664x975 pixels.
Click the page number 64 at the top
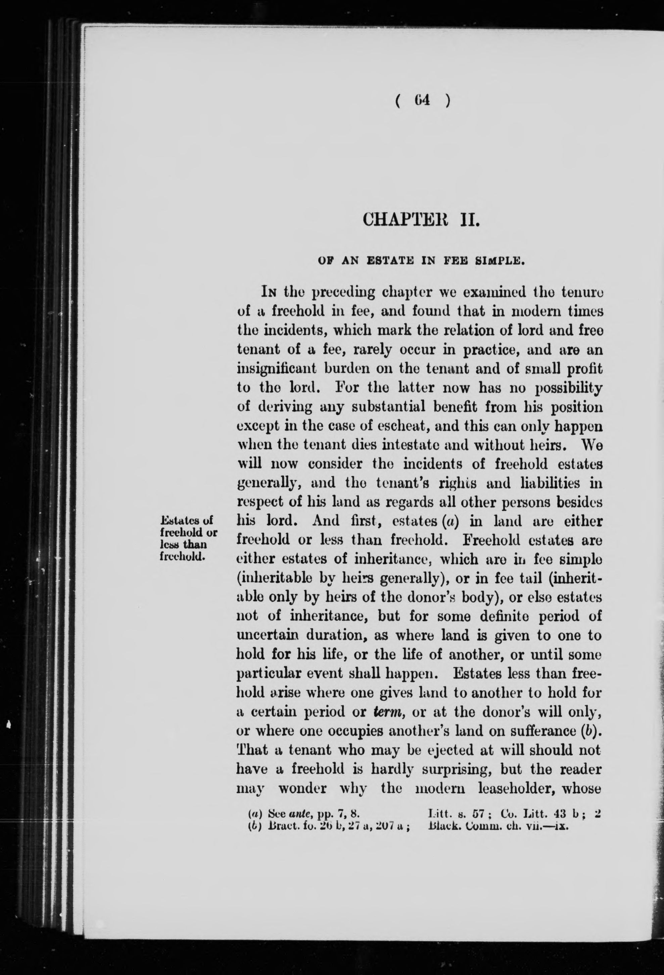coord(423,101)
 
